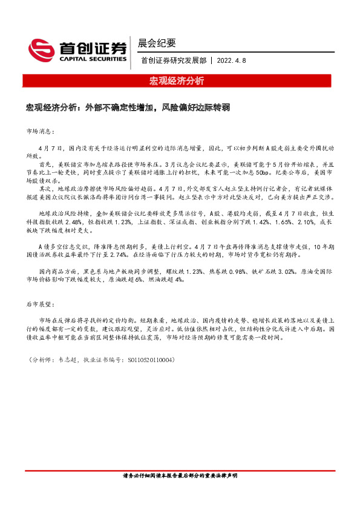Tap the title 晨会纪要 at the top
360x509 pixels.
point(157,43)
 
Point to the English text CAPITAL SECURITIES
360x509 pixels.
point(93,59)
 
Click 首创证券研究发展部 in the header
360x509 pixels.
point(172,60)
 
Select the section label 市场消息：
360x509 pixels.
point(41,131)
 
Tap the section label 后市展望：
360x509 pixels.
point(41,305)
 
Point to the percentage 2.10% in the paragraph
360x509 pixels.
point(292,221)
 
